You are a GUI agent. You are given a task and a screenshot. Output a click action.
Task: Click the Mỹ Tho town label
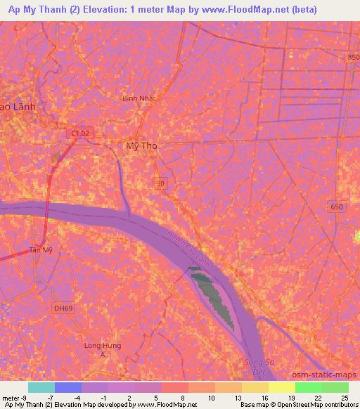(x=141, y=146)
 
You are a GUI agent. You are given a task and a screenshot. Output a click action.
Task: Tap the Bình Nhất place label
(x=138, y=98)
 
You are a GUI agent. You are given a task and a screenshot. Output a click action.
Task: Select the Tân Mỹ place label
(x=40, y=249)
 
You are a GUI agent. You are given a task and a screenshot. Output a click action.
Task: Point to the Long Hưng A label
(x=103, y=349)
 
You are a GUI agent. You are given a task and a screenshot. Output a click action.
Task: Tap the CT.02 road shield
(x=82, y=132)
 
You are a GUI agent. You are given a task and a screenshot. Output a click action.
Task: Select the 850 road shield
(x=352, y=57)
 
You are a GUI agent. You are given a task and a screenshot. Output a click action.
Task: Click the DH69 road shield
(x=63, y=308)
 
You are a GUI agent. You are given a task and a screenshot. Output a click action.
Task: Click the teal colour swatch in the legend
(x=41, y=387)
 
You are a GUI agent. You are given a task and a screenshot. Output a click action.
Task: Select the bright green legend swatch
(x=309, y=387)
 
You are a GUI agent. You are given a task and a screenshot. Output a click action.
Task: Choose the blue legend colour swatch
(x=68, y=387)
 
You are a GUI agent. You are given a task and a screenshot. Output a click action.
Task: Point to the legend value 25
(x=345, y=398)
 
